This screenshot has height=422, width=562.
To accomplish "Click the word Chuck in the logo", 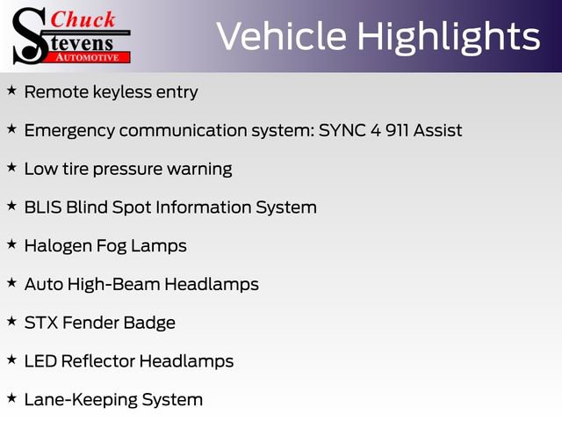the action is point(83,19).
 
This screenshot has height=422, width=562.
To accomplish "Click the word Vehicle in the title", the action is point(282,36).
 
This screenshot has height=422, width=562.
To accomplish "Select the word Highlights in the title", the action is point(449,37).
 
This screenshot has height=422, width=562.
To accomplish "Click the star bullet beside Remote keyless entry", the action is point(11,91).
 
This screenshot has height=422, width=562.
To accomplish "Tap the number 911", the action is point(397,130).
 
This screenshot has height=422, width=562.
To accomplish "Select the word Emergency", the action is point(69,131).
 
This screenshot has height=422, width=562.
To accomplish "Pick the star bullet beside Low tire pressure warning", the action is point(11,167).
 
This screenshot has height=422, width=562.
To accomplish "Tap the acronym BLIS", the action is point(43,207).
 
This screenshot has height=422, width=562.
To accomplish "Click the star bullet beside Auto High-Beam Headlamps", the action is point(11,283).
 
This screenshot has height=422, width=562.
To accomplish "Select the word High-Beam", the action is point(113,285).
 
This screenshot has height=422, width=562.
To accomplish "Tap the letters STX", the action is point(41,323).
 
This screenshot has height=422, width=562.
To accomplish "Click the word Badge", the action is point(149,323).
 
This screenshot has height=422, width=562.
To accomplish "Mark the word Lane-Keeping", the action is point(80,400).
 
